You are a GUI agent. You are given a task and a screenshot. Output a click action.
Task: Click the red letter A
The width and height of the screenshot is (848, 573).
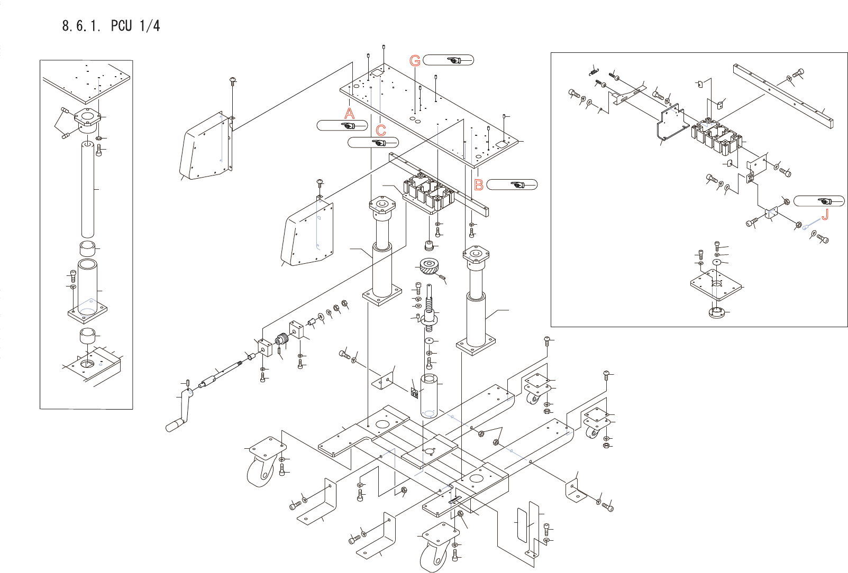click(349, 113)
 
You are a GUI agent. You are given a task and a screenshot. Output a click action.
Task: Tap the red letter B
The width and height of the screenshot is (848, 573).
click(479, 185)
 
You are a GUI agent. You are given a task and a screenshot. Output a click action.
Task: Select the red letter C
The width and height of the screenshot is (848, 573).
click(381, 131)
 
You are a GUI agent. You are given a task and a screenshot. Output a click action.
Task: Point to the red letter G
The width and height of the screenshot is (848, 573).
click(415, 61)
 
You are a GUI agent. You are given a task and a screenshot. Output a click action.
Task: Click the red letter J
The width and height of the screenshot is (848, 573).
click(824, 215)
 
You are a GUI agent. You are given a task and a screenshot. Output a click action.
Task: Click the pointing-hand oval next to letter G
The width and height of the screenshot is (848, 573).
click(448, 60)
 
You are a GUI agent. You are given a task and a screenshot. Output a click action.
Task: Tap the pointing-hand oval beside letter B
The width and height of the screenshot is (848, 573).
click(512, 184)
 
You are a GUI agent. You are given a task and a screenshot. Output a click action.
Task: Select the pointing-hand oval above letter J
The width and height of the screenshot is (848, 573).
click(819, 201)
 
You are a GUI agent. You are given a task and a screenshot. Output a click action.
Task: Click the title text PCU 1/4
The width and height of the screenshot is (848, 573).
click(135, 26)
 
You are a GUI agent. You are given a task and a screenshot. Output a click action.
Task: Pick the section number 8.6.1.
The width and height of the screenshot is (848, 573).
click(81, 26)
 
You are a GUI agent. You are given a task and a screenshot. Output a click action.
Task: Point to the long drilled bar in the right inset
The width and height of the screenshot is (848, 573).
click(783, 96)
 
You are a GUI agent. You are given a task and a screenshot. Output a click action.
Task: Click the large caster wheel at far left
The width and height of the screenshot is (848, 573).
click(260, 472)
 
